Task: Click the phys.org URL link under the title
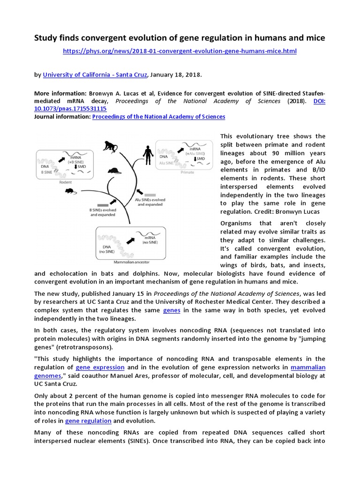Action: pyautogui.click(x=180, y=51)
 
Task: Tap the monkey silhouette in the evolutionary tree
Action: pyautogui.click(x=110, y=146)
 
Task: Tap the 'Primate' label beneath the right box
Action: pyautogui.click(x=187, y=172)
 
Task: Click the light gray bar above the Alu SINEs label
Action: pyautogui.click(x=150, y=194)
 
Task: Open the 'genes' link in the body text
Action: pyautogui.click(x=172, y=310)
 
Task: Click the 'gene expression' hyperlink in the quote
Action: pyautogui.click(x=100, y=367)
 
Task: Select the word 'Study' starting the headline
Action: pyautogui.click(x=46, y=38)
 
